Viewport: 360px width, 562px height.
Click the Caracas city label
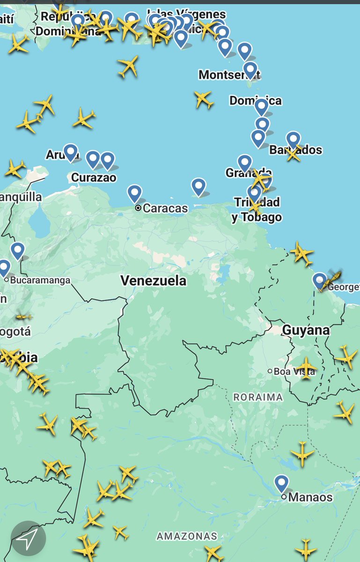165,208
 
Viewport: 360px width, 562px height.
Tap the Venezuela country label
154,281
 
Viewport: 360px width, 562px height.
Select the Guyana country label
306,330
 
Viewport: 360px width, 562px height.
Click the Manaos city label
310,497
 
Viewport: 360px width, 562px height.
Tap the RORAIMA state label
258,397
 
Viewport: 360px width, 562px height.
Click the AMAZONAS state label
187,536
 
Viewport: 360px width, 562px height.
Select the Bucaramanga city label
40,280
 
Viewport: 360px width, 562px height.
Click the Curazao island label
94,178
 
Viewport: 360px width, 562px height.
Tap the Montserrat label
229,74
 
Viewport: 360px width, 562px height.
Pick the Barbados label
296,150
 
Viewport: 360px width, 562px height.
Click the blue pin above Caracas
135,192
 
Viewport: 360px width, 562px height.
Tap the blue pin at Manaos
281,483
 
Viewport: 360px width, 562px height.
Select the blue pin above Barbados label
294,139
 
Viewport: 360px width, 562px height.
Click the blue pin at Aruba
71,151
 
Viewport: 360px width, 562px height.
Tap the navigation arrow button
28,539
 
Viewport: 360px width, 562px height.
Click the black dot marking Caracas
138,208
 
